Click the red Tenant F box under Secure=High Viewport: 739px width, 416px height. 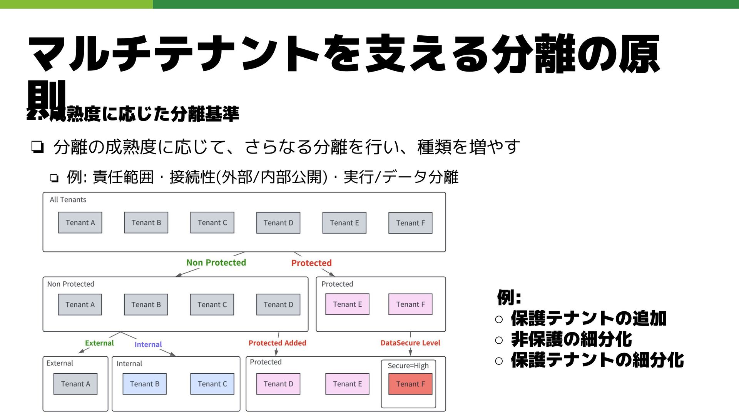410,384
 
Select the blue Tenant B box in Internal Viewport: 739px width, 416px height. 144,384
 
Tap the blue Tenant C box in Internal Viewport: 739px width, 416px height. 212,384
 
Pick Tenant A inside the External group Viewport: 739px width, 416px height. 75,384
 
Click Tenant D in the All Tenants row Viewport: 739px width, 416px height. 278,223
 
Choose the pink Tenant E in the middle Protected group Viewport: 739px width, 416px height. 347,304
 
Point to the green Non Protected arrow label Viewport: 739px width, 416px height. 216,263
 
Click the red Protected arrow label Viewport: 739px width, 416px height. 311,263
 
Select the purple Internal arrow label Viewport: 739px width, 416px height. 148,344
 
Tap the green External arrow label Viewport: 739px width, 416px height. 99,343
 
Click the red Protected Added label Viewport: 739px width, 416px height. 277,343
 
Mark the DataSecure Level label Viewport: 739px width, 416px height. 410,343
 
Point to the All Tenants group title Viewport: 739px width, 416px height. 68,200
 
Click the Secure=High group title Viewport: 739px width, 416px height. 408,366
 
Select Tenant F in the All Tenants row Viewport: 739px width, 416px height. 410,223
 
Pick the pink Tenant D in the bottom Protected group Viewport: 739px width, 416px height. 278,384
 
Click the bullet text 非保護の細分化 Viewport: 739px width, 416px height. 571,339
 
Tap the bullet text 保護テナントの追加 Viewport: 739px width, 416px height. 589,319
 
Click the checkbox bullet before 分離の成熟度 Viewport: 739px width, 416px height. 37,147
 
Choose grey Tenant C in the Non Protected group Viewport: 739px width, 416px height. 212,305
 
